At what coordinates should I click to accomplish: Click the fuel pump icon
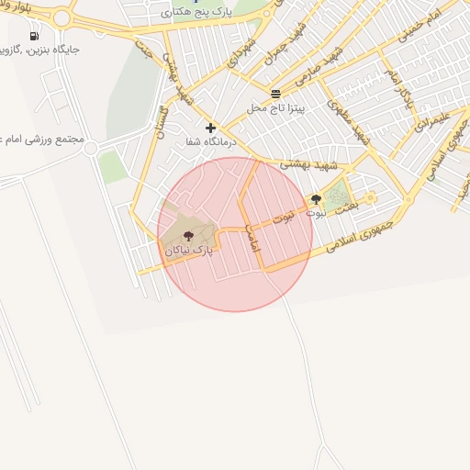click(x=34, y=36)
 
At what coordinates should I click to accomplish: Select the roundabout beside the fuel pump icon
click(x=62, y=17)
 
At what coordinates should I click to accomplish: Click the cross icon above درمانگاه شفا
click(x=211, y=128)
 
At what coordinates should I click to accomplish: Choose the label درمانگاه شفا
click(x=211, y=141)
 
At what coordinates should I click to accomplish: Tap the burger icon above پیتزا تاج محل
click(x=276, y=95)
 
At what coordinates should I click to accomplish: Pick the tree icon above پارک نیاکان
click(x=188, y=236)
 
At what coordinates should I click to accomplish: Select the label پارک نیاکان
click(x=189, y=250)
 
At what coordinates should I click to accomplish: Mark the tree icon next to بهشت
click(x=316, y=199)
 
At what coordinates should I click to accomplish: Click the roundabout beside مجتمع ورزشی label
click(x=90, y=148)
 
